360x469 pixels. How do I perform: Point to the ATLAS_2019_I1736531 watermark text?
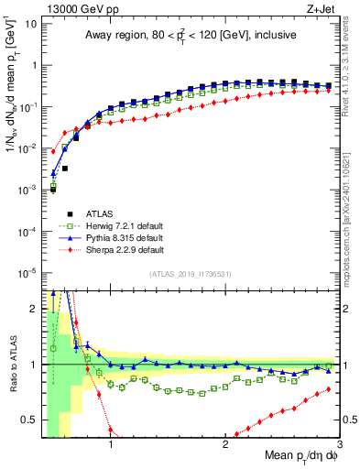tap(190, 273)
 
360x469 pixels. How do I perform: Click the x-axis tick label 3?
tap(339, 446)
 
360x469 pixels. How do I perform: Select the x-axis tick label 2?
tap(225, 446)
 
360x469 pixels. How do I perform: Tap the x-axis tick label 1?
tap(111, 446)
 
